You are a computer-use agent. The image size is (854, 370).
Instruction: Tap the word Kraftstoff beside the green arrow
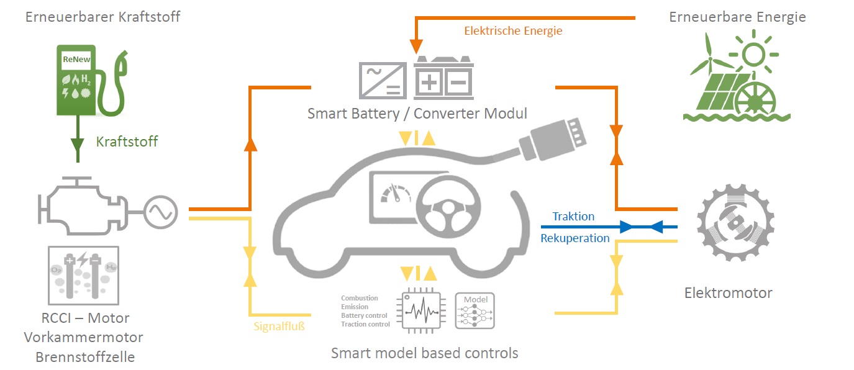tap(127, 142)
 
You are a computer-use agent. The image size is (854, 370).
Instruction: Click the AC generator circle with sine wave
tap(161, 213)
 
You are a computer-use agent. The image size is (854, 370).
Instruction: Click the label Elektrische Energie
tap(513, 30)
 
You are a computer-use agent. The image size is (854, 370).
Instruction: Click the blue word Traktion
tap(573, 217)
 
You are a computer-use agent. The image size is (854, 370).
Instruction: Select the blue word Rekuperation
tap(575, 238)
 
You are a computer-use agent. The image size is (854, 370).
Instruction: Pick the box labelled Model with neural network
tap(476, 310)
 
